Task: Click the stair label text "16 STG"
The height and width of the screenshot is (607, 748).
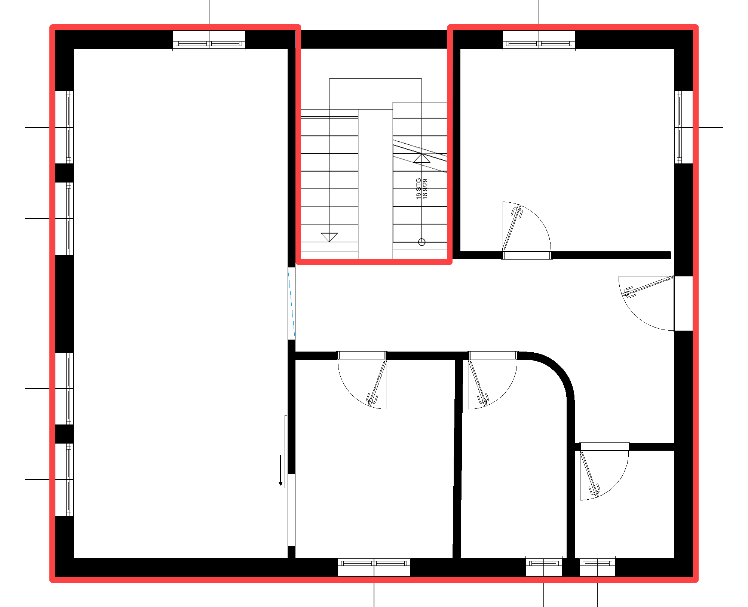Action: click(419, 189)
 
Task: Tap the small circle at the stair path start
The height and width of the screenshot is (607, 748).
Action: click(422, 242)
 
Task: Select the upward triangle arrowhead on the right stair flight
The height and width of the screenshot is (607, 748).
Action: click(422, 158)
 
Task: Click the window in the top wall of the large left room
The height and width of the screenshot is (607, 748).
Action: click(209, 40)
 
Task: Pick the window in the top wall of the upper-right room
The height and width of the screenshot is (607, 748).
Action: click(539, 40)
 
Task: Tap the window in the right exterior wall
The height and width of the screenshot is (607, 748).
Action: click(682, 127)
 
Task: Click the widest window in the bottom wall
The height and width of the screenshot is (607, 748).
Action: click(374, 567)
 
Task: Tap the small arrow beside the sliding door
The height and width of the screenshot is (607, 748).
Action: click(280, 470)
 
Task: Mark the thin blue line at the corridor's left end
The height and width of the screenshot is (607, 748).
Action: click(292, 304)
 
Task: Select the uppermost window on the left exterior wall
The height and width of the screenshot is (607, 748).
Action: click(64, 127)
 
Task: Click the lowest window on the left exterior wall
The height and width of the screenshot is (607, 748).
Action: click(64, 479)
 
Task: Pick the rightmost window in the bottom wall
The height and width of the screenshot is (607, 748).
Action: click(597, 566)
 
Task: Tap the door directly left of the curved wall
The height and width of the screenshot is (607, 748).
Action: click(493, 380)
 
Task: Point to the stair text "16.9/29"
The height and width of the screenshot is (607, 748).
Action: click(425, 189)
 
